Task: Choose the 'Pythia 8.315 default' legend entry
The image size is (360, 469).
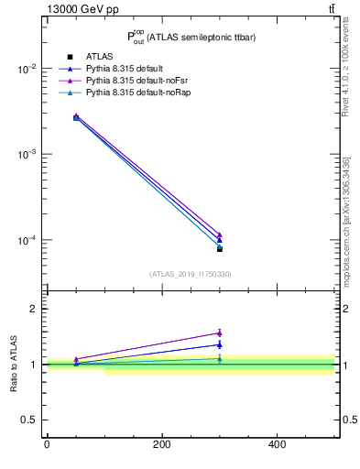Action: [125, 70]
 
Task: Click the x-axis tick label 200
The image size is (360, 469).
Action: [161, 444]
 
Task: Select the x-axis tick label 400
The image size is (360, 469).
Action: [277, 444]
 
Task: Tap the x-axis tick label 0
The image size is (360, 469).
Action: [47, 444]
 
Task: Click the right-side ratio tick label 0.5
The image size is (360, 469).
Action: [349, 420]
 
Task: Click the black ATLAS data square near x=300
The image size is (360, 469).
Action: [219, 248]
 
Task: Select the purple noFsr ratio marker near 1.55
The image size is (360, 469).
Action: [219, 333]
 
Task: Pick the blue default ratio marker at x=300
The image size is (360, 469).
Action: [219, 344]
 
